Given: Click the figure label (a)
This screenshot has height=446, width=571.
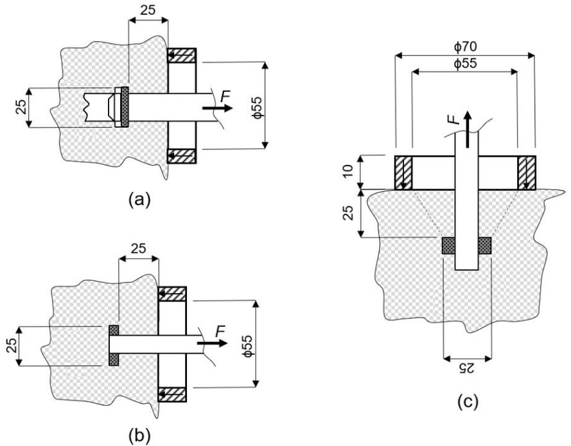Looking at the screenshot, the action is [139, 200].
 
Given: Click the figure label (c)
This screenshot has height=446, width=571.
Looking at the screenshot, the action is [467, 402].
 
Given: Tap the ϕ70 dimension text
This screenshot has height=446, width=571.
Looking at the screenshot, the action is [465, 47].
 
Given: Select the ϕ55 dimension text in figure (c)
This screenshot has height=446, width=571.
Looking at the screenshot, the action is [465, 64].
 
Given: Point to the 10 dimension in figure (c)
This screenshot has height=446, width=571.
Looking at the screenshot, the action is [348, 171].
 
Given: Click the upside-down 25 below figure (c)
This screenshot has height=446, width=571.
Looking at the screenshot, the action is [467, 368].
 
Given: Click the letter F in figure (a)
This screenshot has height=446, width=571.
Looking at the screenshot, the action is [225, 97].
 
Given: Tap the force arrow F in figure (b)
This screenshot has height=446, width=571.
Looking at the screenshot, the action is [213, 343].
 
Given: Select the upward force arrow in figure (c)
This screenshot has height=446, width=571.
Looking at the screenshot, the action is [468, 129].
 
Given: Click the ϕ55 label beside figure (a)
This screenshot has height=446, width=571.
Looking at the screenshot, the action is [257, 107].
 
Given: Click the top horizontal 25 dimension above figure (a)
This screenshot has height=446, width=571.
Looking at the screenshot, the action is [148, 10].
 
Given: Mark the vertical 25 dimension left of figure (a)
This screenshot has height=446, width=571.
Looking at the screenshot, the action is [22, 107].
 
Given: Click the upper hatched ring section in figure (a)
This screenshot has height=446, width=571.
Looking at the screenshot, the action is [182, 56].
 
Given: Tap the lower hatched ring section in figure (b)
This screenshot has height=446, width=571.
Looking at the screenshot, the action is [172, 395].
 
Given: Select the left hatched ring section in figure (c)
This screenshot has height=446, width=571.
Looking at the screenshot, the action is [403, 173].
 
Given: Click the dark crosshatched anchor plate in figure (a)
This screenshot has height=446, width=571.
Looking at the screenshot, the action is [125, 107].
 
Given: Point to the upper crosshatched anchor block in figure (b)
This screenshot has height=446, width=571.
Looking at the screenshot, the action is [114, 330].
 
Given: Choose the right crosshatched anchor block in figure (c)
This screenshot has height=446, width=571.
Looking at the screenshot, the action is [485, 246].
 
